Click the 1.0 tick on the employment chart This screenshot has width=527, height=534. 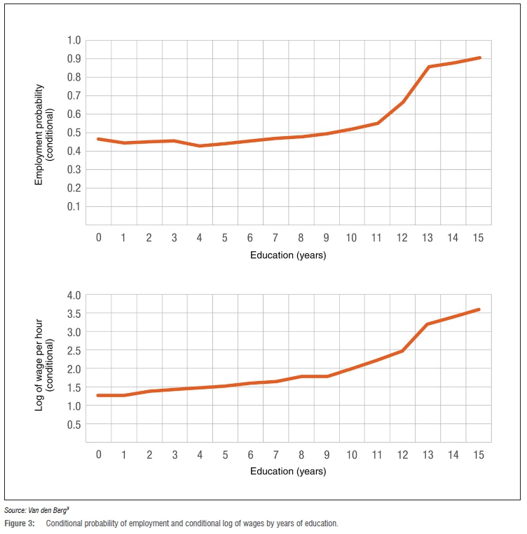coord(73,40)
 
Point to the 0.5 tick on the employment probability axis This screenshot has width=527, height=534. coord(73,133)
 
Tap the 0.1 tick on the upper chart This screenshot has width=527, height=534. coord(73,206)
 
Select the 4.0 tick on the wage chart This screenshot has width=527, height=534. coord(73,295)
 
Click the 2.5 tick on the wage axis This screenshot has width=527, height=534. coord(73,350)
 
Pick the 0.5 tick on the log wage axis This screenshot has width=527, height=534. coord(73,424)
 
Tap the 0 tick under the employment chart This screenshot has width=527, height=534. coord(99,238)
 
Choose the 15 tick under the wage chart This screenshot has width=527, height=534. coord(479,455)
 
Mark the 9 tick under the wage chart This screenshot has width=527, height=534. coord(327,455)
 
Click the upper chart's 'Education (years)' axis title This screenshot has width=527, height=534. coord(288,255)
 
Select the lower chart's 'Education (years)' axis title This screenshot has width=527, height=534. coord(288,472)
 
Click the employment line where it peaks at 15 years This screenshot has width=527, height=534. coord(479,58)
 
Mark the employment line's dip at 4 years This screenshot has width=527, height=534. coord(200,146)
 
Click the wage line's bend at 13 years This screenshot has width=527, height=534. coord(428,324)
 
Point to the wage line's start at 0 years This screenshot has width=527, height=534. coord(99,396)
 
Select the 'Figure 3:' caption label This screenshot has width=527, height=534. coord(20,523)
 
